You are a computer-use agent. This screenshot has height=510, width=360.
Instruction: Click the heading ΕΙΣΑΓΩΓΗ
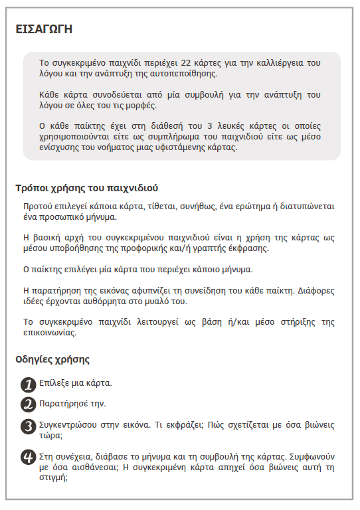[x=44, y=29]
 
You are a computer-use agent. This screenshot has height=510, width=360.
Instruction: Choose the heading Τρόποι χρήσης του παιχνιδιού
[x=87, y=187]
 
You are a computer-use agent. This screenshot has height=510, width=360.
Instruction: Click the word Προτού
[x=37, y=207]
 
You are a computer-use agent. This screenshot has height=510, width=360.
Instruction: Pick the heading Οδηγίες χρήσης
[x=52, y=360]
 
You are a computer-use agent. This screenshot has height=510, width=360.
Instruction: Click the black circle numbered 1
[x=28, y=384]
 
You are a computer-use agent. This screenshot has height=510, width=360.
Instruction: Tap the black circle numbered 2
[x=28, y=404]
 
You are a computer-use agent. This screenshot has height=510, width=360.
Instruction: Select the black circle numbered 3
[x=28, y=426]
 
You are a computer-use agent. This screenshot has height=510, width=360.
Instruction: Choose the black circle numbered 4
[x=28, y=458]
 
